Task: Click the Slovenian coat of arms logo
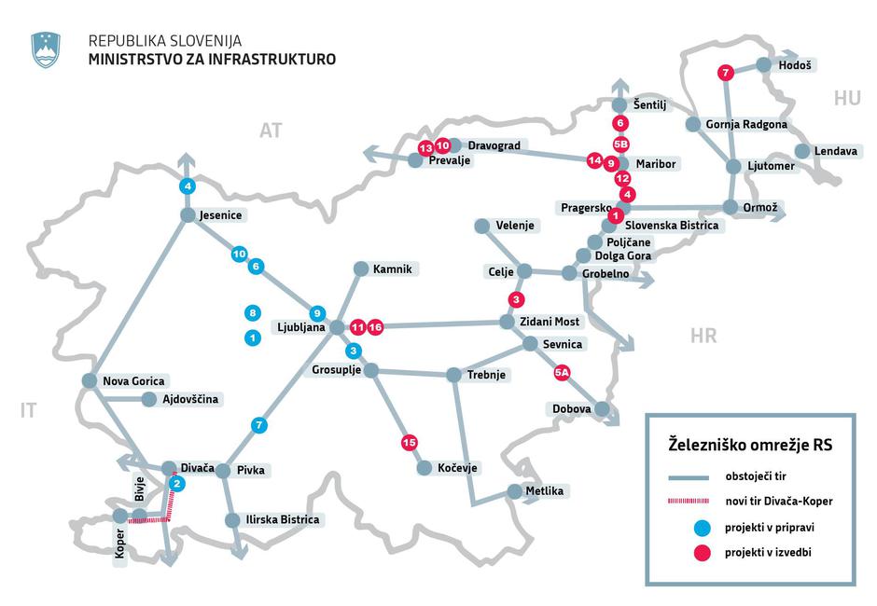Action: click(x=46, y=49)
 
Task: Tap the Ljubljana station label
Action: click(x=299, y=327)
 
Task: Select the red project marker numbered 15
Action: click(x=408, y=442)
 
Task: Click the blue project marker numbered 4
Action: click(x=188, y=186)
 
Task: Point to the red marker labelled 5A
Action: click(x=562, y=372)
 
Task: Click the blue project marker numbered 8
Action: click(x=252, y=313)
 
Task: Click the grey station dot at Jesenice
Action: click(x=188, y=215)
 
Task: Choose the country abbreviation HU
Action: click(x=847, y=98)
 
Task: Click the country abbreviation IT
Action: click(x=29, y=409)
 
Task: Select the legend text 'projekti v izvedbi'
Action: click(x=768, y=553)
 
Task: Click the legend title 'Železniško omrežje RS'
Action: click(x=749, y=444)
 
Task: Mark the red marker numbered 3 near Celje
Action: click(x=516, y=299)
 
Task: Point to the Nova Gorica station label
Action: click(x=133, y=380)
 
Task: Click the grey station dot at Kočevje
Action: click(x=425, y=468)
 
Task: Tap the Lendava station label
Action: click(x=835, y=151)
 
